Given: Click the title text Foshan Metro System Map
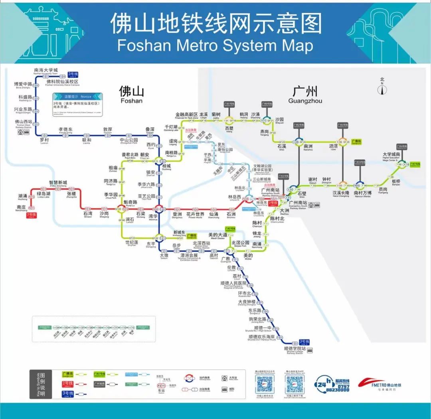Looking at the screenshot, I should click(x=215, y=45).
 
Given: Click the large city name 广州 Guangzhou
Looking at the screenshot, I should click(x=305, y=94).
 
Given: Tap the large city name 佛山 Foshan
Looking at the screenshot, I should click(x=131, y=94).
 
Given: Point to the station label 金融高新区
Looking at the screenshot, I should click(x=186, y=115).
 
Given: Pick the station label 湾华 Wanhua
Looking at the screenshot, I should click(x=153, y=217).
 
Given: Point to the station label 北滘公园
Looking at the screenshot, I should click(x=241, y=243).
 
